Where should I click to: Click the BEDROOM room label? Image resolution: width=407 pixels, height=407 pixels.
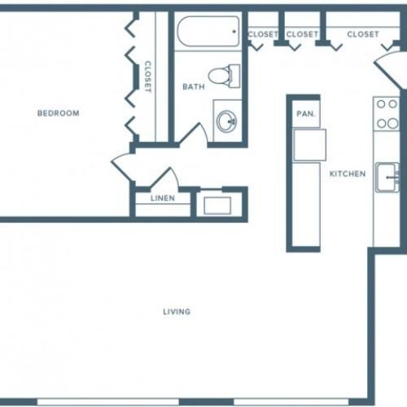pyautogui.click(x=59, y=113)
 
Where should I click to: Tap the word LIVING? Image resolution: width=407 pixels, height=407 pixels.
pyautogui.click(x=177, y=312)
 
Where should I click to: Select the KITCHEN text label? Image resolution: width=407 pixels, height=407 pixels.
pyautogui.click(x=347, y=174)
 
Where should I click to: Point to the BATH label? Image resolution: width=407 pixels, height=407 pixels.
pyautogui.click(x=193, y=86)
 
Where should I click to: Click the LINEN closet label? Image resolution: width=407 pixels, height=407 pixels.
pyautogui.click(x=162, y=199)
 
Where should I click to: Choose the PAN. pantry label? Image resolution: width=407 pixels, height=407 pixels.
pyautogui.click(x=306, y=114)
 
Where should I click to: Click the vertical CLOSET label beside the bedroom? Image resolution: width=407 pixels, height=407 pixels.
pyautogui.click(x=148, y=77)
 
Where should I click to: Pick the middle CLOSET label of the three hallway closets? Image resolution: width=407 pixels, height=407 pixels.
pyautogui.click(x=302, y=34)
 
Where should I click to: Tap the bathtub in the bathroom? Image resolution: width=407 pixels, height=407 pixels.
pyautogui.click(x=208, y=32)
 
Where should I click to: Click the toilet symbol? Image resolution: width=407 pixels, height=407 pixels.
pyautogui.click(x=222, y=76)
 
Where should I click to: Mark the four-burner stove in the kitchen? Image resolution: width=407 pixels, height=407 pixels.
pyautogui.click(x=386, y=114)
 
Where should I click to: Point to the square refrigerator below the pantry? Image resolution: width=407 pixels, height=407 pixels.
pyautogui.click(x=309, y=145)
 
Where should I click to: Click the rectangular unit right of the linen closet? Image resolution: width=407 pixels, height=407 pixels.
pyautogui.click(x=217, y=203)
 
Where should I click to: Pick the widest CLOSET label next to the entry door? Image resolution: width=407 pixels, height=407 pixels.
pyautogui.click(x=362, y=34)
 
